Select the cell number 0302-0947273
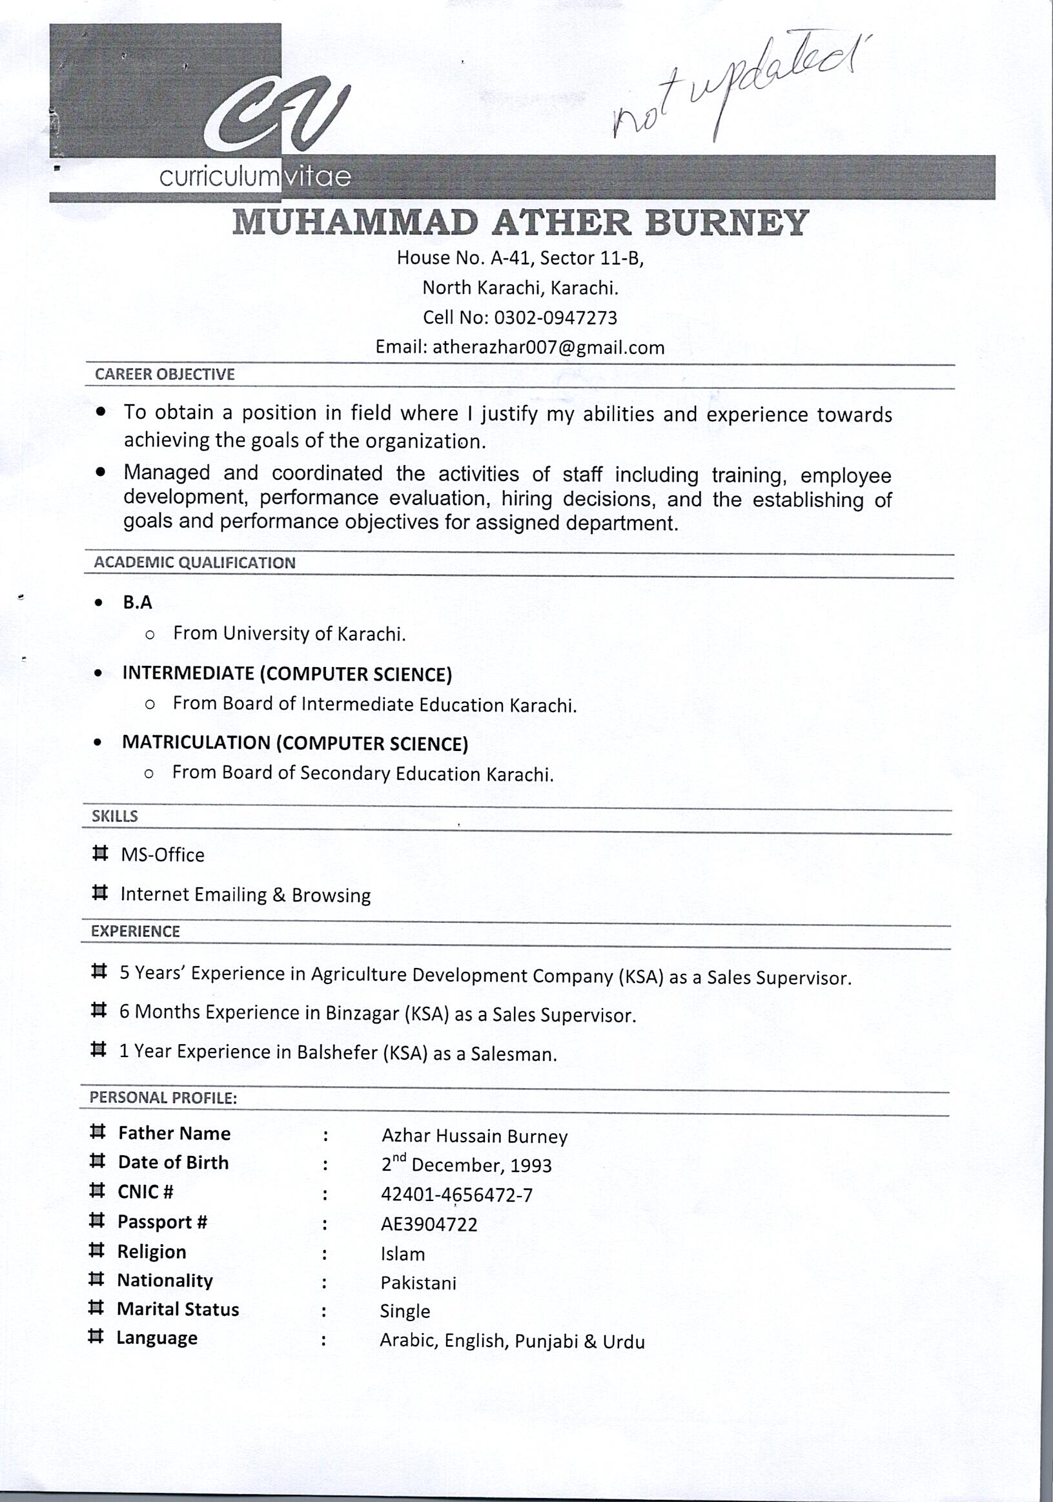click(555, 318)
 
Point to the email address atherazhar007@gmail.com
click(548, 347)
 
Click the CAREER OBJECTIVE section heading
click(164, 375)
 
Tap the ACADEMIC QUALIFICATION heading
click(194, 562)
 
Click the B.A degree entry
click(138, 602)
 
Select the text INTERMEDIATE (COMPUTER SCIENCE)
click(287, 674)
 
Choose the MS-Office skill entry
click(162, 855)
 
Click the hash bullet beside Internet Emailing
click(99, 893)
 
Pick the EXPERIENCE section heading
click(136, 932)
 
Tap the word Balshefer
click(337, 1053)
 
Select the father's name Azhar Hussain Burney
click(474, 1137)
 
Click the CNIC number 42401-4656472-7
click(456, 1195)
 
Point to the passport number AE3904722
click(429, 1224)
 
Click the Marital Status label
click(178, 1309)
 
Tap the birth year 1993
click(531, 1166)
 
